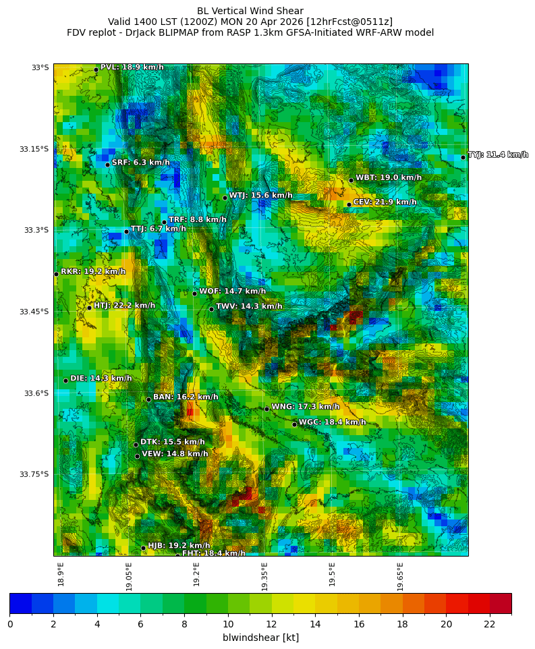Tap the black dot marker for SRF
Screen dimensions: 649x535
(x=107, y=165)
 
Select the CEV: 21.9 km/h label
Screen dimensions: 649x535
(x=385, y=202)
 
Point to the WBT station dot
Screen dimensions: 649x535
(x=351, y=180)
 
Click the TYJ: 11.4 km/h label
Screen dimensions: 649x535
(x=498, y=155)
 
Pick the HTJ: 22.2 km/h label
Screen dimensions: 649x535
(x=124, y=306)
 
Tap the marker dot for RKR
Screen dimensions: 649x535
(x=56, y=274)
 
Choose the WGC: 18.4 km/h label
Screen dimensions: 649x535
(x=332, y=422)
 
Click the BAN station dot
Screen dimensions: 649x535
(x=148, y=399)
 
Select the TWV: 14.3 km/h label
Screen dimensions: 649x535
(x=249, y=307)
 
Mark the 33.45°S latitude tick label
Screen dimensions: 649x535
(x=34, y=312)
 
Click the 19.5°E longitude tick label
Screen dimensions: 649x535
(x=333, y=576)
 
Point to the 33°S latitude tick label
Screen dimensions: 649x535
(x=40, y=67)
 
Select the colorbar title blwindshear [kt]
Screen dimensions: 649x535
(x=260, y=638)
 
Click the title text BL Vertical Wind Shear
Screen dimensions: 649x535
(x=250, y=11)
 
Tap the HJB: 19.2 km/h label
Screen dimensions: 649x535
(x=179, y=546)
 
